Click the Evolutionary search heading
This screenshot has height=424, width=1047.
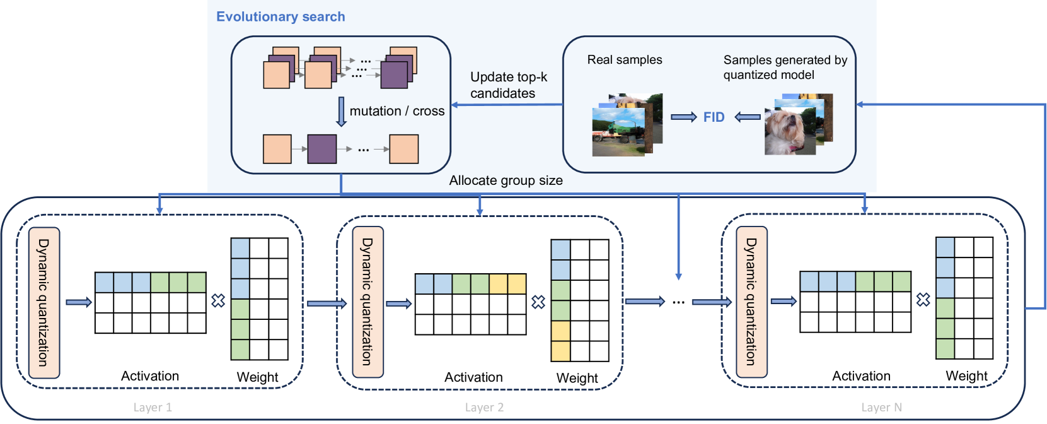(281, 17)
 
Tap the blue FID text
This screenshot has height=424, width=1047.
(714, 117)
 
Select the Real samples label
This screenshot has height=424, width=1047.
(625, 60)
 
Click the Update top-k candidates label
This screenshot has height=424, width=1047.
(508, 85)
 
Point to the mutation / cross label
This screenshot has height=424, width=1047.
(396, 111)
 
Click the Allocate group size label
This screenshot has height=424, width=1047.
(506, 180)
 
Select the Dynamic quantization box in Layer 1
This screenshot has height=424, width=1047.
(44, 302)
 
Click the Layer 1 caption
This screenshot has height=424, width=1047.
(153, 408)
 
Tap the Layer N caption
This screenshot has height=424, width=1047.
(881, 408)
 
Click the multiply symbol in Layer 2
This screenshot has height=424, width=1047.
(538, 302)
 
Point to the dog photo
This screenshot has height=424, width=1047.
(789, 131)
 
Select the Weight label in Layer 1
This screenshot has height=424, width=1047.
(257, 377)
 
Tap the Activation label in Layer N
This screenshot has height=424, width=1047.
(861, 376)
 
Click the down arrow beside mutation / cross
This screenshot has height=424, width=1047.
(341, 112)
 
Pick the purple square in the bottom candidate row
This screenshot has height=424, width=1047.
(321, 149)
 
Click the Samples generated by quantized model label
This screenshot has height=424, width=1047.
(785, 68)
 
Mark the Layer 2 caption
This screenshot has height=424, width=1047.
(484, 408)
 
